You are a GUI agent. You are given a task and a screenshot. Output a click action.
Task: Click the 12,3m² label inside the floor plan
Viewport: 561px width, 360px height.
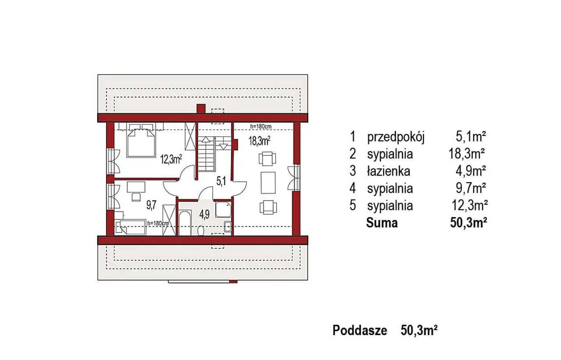(171, 159)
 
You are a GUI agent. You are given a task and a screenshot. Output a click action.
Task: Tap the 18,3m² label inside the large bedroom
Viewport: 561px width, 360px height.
(259, 141)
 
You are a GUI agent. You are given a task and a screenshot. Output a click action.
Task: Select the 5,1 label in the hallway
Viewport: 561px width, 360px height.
(221, 181)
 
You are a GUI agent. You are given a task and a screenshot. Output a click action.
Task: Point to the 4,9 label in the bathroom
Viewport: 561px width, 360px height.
(204, 215)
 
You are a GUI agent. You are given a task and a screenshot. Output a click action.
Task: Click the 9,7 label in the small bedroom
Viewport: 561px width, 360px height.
(151, 205)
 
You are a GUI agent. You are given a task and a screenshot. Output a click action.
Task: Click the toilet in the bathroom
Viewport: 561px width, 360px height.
(201, 231)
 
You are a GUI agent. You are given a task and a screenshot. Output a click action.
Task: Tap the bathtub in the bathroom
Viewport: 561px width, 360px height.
(185, 223)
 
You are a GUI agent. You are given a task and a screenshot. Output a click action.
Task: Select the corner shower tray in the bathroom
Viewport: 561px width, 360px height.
(223, 209)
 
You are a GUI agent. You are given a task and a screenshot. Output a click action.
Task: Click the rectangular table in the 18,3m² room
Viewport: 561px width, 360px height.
(268, 183)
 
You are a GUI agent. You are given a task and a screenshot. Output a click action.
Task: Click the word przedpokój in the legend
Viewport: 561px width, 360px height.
(396, 138)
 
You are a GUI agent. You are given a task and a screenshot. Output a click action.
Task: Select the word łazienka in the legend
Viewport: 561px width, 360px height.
(388, 172)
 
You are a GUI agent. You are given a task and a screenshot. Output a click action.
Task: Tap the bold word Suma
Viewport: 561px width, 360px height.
(382, 223)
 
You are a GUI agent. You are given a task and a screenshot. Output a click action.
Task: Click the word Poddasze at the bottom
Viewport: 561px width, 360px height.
(360, 331)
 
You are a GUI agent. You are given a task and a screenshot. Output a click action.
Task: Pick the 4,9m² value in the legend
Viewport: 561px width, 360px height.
(471, 171)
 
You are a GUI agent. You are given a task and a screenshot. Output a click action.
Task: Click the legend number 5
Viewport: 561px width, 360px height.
(353, 205)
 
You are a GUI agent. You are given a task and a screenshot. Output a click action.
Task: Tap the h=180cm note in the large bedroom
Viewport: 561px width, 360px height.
(261, 127)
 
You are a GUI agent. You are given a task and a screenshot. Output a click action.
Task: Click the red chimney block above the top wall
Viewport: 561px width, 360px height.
(201, 109)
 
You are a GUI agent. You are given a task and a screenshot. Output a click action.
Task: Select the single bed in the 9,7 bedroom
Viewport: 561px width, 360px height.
(131, 227)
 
